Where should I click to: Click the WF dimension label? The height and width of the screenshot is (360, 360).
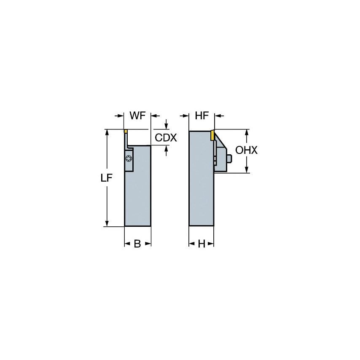[x=137, y=116]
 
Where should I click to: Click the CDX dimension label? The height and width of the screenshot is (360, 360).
[x=166, y=138]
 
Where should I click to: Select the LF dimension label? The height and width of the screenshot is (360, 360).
[x=106, y=178]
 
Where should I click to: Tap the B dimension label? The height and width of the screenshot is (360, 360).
[x=137, y=244]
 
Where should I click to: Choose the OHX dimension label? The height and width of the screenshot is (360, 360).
[x=246, y=150]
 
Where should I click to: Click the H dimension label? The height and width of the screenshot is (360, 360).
[x=201, y=244]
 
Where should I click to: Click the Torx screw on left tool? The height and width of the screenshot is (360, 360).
[x=129, y=159]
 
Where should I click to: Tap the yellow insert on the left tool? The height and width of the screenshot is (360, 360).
[x=125, y=132]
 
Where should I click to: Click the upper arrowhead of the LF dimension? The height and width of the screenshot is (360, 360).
[x=107, y=132]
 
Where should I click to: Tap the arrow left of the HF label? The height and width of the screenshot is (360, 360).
[x=185, y=116]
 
